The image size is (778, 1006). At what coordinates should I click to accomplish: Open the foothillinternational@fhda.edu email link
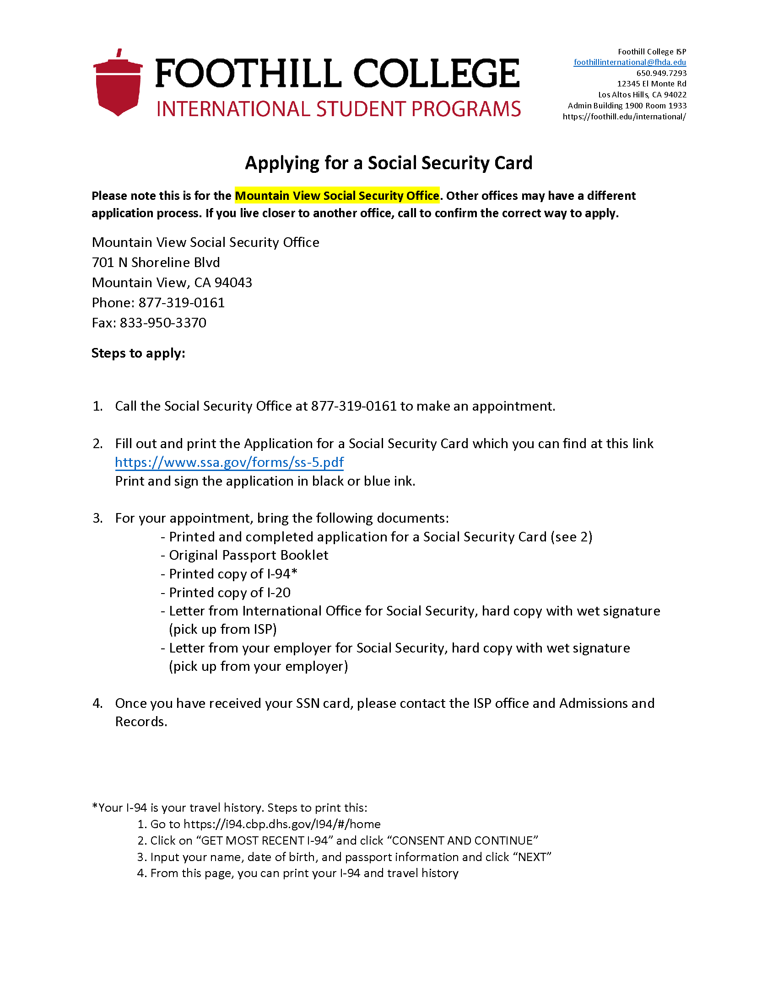tap(630, 62)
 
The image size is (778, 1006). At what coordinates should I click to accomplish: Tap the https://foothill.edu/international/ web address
tap(624, 117)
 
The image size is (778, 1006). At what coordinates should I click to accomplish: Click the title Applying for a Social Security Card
tap(389, 163)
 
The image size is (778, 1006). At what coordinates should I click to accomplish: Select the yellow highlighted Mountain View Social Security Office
tap(337, 196)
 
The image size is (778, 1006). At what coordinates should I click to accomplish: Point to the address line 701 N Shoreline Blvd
tap(156, 262)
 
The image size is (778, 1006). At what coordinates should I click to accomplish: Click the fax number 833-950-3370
tap(163, 323)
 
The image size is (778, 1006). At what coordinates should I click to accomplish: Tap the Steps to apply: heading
tap(138, 353)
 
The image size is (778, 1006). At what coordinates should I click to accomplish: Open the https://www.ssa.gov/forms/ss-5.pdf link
tap(230, 462)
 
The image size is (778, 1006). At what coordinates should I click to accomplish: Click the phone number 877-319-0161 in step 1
tap(353, 406)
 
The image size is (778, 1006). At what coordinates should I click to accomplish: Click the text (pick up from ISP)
tap(222, 630)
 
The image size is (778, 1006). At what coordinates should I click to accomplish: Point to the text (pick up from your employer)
tap(258, 667)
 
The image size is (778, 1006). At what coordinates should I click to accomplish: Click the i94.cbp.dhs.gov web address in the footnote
tap(281, 824)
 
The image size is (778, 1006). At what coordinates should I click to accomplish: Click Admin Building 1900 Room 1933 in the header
tap(627, 106)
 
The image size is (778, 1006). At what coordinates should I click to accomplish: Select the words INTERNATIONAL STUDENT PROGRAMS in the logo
tap(338, 109)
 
